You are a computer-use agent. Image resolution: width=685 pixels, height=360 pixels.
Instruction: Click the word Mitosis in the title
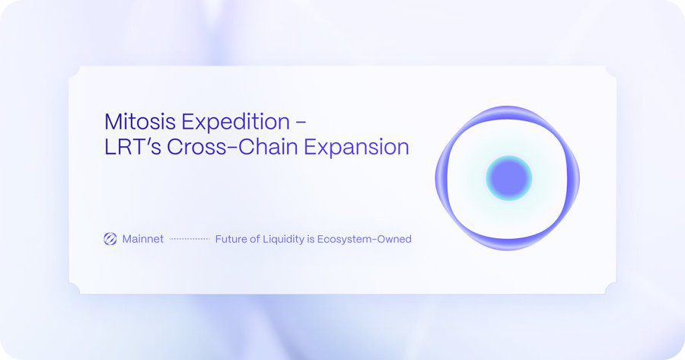pos(133,121)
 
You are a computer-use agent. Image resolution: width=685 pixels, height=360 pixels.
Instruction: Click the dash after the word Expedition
pos(301,122)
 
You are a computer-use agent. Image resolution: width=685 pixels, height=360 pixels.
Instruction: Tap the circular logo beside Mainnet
pos(110,239)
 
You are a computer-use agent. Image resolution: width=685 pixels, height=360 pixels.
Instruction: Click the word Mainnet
pos(143,239)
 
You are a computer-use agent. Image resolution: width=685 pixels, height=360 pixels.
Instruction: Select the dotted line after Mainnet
pos(190,239)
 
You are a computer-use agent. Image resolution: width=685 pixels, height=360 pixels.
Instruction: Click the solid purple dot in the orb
pos(508,178)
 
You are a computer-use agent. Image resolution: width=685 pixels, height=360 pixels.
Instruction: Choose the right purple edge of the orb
pos(575,178)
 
